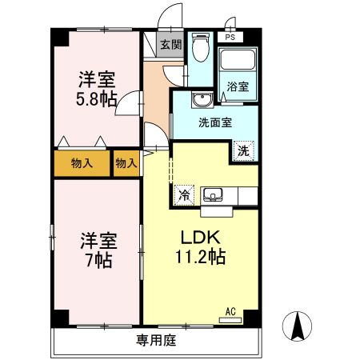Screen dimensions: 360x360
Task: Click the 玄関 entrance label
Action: point(170,46)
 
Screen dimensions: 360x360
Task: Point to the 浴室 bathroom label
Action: point(237,86)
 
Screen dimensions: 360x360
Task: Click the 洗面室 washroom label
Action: point(215,122)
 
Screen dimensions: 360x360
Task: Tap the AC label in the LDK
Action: point(230,311)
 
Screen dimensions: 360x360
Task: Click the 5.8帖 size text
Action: point(96,98)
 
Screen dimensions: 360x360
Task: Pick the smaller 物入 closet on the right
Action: point(126,163)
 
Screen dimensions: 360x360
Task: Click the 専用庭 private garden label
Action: point(156,340)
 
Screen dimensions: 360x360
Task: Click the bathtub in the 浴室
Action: point(237,63)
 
